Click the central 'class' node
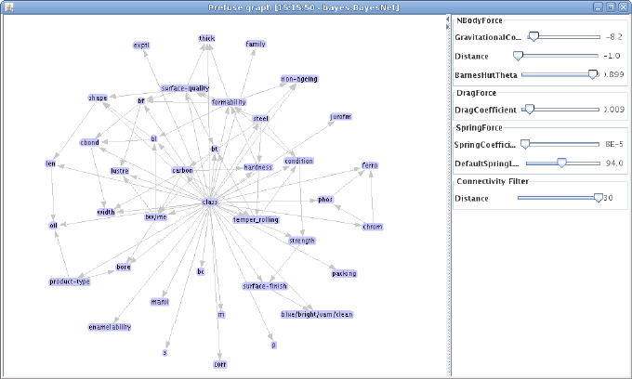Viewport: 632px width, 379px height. [x=210, y=202]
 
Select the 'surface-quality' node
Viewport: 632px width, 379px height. [x=185, y=88]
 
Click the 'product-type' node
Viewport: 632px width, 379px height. [x=70, y=281]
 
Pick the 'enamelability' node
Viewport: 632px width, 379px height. [x=110, y=327]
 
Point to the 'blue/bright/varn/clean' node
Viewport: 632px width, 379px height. [x=317, y=314]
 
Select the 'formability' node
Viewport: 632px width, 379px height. [x=229, y=101]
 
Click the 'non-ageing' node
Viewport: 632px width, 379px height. [x=299, y=79]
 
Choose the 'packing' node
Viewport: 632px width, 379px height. [x=344, y=273]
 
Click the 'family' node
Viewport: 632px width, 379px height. [x=256, y=44]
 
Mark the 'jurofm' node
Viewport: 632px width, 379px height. [x=341, y=116]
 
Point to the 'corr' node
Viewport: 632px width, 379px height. [x=220, y=364]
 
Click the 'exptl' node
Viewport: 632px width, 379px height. [x=141, y=45]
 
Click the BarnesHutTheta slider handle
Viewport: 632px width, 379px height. [x=593, y=74]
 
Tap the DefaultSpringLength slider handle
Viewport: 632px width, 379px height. [x=561, y=162]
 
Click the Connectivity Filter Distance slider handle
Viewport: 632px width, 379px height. [x=599, y=197]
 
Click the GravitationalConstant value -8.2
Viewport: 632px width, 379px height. [x=613, y=38]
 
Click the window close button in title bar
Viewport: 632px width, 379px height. [x=624, y=7]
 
